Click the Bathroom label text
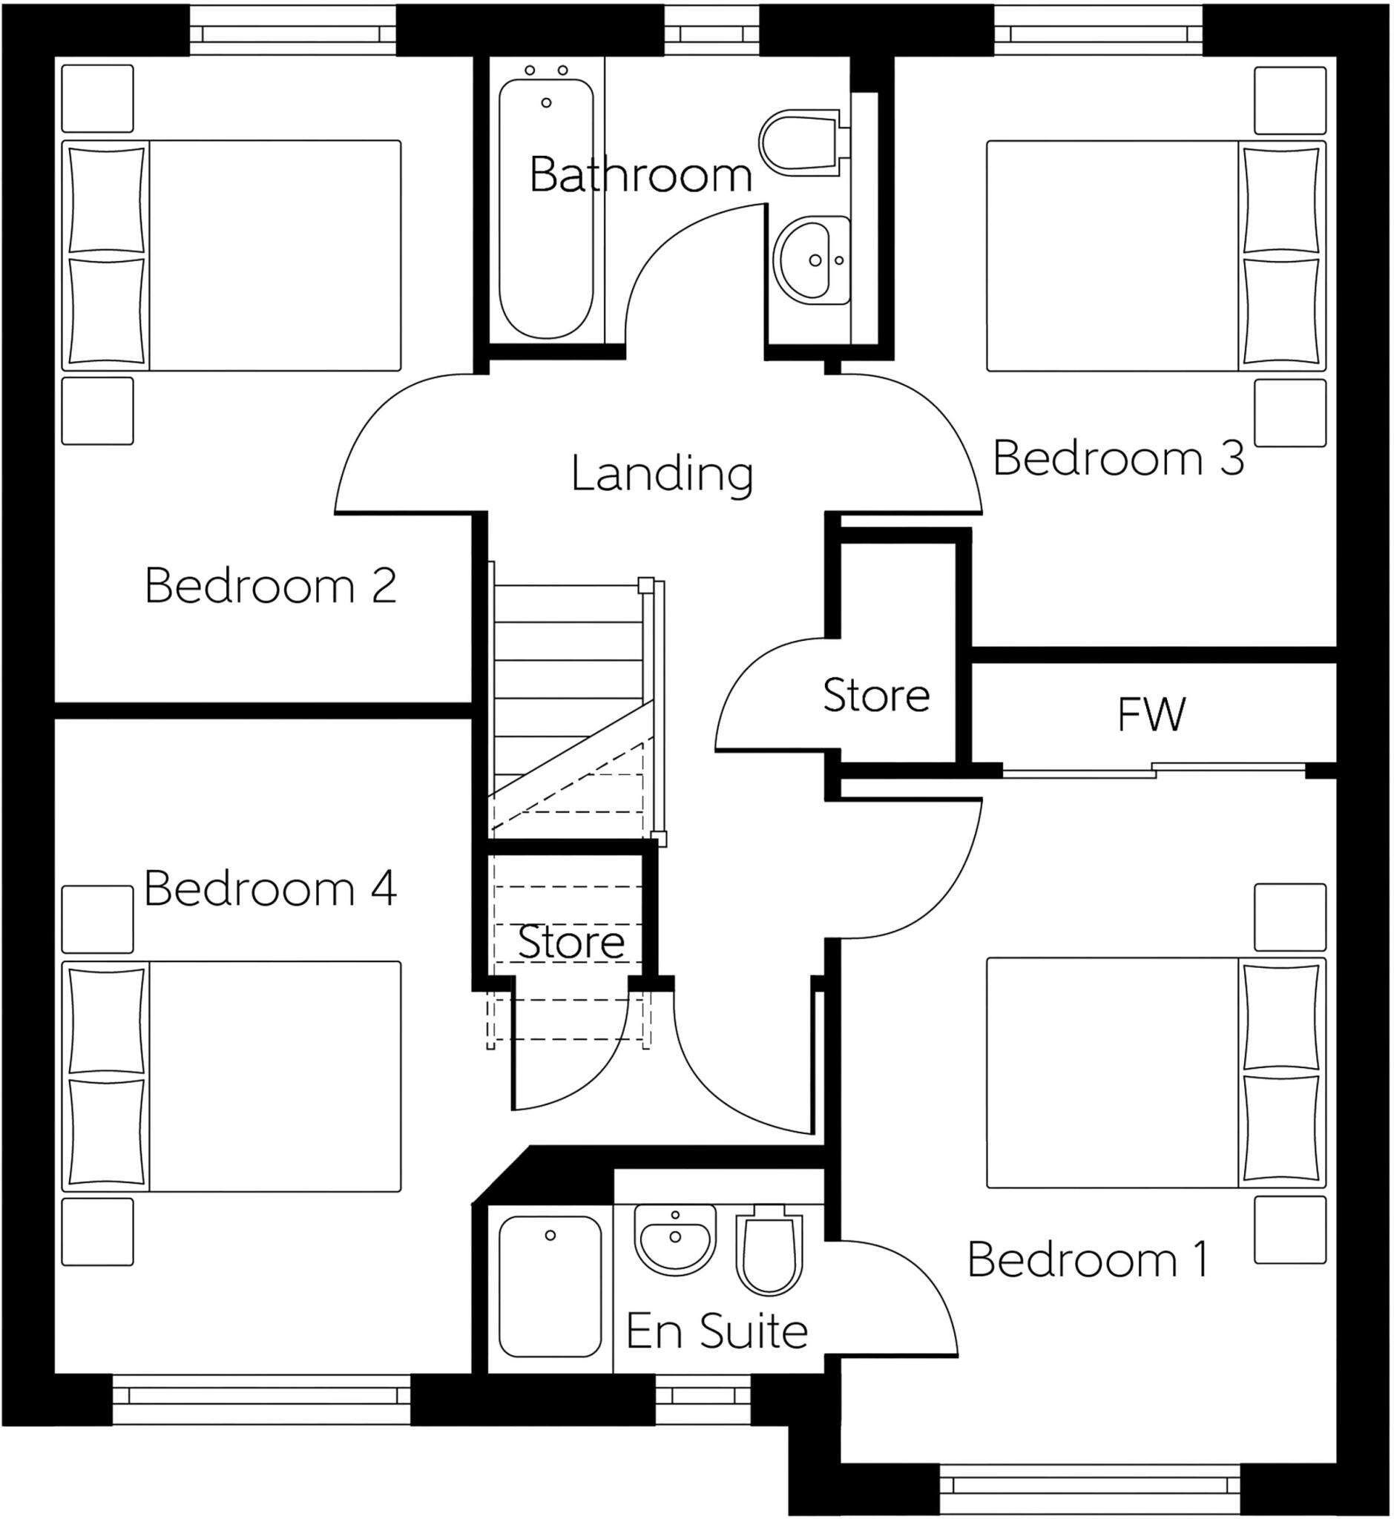[640, 175]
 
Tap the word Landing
[662, 475]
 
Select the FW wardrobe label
[1151, 714]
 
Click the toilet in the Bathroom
[801, 142]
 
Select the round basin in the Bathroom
[812, 260]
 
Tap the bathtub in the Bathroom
[546, 208]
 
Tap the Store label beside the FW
[875, 695]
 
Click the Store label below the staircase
[571, 942]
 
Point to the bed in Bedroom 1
[1154, 1072]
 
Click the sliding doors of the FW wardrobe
[1154, 771]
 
